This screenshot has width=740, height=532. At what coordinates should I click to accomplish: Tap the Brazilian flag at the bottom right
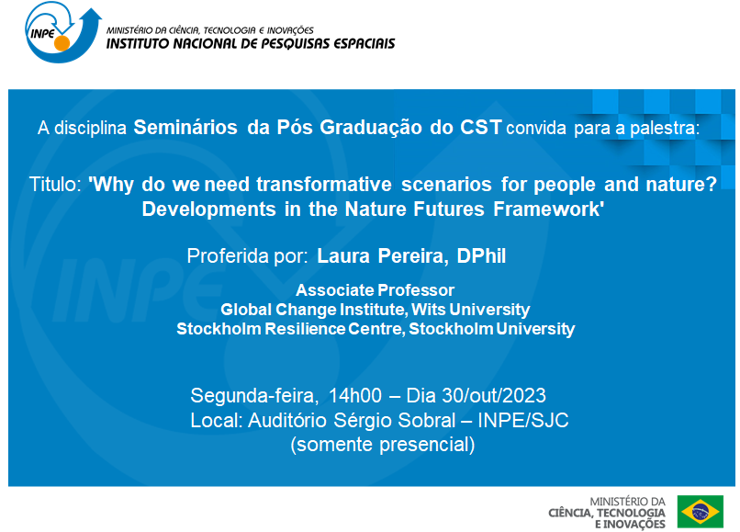coord(700,510)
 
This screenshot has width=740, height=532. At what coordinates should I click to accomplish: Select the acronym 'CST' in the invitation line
coord(478,128)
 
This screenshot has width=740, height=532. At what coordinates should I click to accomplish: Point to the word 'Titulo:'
coord(56,184)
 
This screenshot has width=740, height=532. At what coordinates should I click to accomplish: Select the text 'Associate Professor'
coord(375,290)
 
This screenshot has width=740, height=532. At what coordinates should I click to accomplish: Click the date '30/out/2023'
coord(496,396)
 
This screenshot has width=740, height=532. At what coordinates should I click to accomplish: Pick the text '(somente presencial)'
coord(382,446)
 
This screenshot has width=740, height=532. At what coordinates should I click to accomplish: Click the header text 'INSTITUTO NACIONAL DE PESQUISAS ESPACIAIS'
coord(251,43)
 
